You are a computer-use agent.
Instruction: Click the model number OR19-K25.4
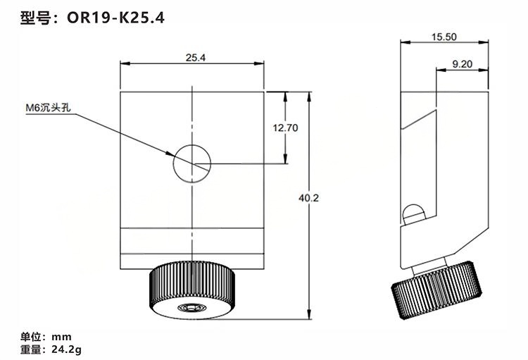pyautogui.click(x=116, y=18)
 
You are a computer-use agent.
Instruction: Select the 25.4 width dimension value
pyautogui.click(x=195, y=58)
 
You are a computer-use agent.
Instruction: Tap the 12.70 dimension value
pyautogui.click(x=285, y=128)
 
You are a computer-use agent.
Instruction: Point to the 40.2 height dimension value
pyautogui.click(x=308, y=198)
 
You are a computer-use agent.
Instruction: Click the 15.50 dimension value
pyautogui.click(x=444, y=37)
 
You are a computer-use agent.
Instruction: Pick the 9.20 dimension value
pyautogui.click(x=462, y=63)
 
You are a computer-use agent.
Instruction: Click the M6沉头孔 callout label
pyautogui.click(x=49, y=108)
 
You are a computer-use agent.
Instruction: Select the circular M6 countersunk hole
pyautogui.click(x=192, y=164)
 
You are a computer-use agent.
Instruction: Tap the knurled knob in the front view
pyautogui.click(x=192, y=290)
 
